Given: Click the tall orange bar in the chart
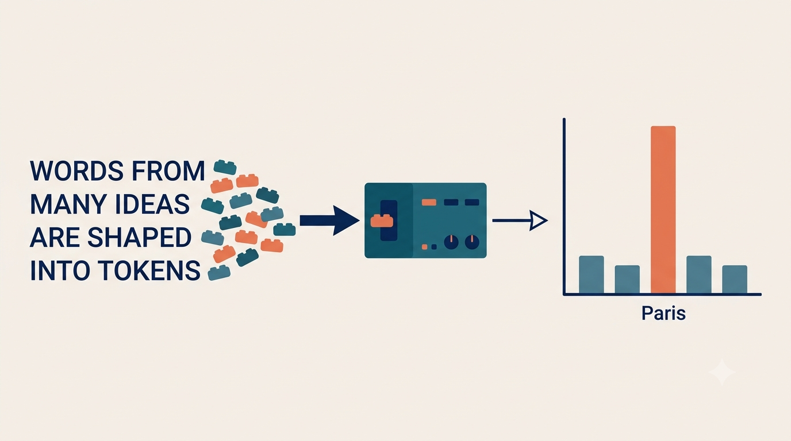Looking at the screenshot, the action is pos(663,210).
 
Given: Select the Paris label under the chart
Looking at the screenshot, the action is pos(663,313).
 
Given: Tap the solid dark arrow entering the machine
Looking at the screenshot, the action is pos(329,220).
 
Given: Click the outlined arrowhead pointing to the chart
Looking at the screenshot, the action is pos(537,220).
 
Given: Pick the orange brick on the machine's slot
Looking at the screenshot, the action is pos(382,220).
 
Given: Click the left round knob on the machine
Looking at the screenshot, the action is pos(451,242).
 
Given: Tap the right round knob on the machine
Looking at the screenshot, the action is pos(472,242).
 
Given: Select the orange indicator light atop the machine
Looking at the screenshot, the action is pos(429,202).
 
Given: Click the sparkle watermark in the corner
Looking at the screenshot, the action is pos(721,372).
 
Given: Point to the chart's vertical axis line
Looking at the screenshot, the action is pos(564,206).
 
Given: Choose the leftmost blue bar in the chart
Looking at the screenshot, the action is pos(592,274).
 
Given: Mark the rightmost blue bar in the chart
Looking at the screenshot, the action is pos(735,280).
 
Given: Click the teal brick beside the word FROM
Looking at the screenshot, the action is pos(225,167).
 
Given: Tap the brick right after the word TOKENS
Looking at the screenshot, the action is pos(219,273).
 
